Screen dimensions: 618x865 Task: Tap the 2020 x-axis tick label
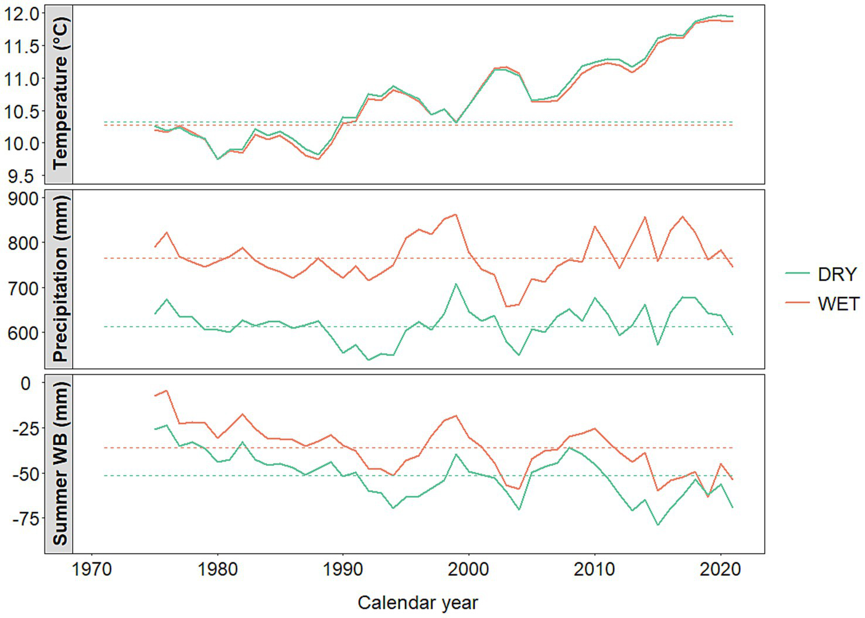pos(720,569)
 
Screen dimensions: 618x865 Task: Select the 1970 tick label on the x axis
pos(91,569)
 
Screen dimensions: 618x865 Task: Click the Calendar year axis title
pos(418,602)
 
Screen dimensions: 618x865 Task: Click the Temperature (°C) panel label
pos(59,94)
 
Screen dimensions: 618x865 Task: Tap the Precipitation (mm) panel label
pos(59,279)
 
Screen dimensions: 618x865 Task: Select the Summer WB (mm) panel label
pos(59,463)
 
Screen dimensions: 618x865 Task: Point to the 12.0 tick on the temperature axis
pos(22,13)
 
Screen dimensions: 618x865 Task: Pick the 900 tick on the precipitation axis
pos(23,199)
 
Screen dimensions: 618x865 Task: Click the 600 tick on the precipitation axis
pos(23,332)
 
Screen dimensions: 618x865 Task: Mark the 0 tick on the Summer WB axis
pos(25,383)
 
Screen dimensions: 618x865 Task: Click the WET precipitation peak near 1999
pos(456,214)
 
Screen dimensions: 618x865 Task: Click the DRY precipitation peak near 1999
pos(456,284)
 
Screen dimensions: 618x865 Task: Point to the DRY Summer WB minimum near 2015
pos(658,525)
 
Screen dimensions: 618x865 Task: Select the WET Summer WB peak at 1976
pos(166,390)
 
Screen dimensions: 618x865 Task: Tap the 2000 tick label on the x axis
pos(469,569)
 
